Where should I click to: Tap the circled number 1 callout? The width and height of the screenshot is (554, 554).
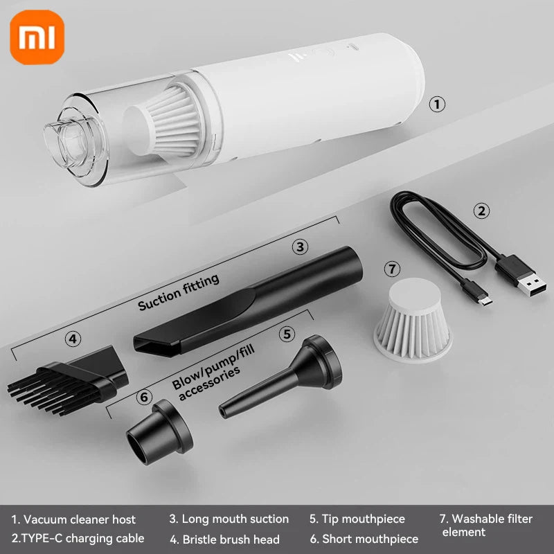[x=436, y=105]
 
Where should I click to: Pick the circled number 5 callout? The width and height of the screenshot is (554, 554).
[x=287, y=334]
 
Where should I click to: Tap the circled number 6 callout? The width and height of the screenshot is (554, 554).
[x=144, y=397]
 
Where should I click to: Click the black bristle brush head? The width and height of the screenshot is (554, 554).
[x=69, y=377]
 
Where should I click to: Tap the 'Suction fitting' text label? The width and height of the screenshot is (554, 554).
[x=179, y=292]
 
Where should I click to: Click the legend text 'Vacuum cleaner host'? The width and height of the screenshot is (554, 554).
[x=73, y=519]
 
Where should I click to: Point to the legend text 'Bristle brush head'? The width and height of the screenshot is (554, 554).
[x=225, y=539]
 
